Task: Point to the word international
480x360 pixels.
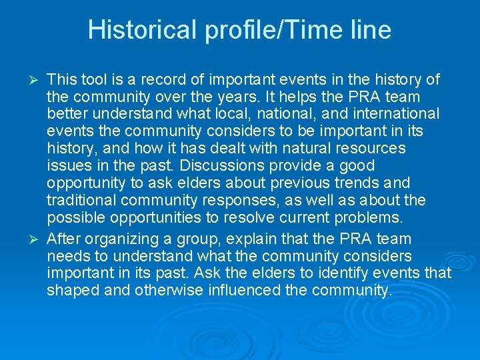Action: click(393, 115)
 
